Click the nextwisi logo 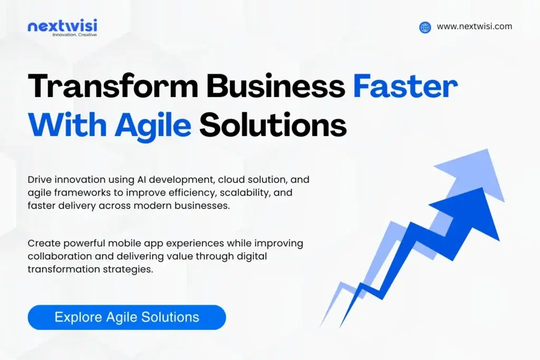point(62,25)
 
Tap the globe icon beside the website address point(425,27)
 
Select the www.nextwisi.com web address point(474,27)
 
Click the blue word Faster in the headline point(405,87)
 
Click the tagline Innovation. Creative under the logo point(74,35)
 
